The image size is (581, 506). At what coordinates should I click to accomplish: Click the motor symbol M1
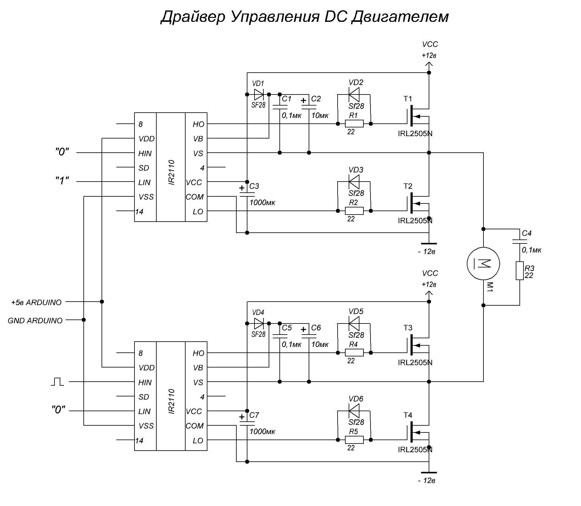tap(483, 263)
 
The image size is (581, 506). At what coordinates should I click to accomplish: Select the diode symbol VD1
tap(259, 94)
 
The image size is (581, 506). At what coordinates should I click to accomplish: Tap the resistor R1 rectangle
tap(354, 124)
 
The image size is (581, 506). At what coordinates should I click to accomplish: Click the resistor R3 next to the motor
tap(520, 271)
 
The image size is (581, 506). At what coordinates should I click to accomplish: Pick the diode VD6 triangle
tap(354, 411)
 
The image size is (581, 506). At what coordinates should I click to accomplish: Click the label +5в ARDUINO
tap(36, 302)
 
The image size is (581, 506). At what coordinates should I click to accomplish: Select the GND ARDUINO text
tap(35, 320)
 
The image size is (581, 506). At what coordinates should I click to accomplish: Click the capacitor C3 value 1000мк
tap(262, 203)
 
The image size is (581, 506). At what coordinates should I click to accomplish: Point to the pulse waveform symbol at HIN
tap(57, 382)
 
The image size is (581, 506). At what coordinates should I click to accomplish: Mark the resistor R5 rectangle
tap(354, 440)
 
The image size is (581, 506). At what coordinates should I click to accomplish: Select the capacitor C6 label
tap(316, 328)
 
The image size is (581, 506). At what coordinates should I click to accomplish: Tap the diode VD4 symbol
tap(259, 323)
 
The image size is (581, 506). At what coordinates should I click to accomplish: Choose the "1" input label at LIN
tap(62, 181)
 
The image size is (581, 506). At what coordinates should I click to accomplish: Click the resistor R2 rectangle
tap(354, 211)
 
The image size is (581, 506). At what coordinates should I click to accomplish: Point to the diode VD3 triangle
tap(354, 182)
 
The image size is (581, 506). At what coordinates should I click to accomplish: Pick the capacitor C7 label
tap(254, 415)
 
